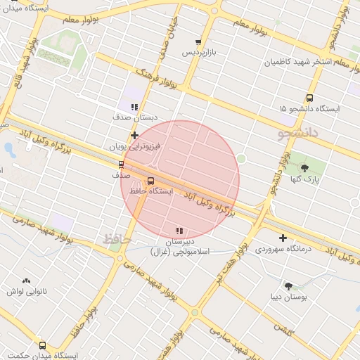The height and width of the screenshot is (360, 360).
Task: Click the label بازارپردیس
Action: click(x=198, y=53)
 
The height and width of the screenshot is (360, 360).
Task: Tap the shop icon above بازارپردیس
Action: click(x=198, y=42)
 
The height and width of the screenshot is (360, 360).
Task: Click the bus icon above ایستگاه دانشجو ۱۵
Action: click(x=309, y=98)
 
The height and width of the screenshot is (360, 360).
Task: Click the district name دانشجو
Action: click(x=298, y=131)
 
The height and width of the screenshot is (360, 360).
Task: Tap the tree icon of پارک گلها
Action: click(x=304, y=167)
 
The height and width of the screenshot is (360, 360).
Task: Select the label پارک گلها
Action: click(x=304, y=178)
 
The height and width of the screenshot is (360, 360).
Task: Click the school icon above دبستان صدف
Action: click(x=134, y=107)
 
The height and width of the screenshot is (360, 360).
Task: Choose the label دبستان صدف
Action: click(x=134, y=117)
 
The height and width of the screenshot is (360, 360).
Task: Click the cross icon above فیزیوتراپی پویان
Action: click(x=134, y=135)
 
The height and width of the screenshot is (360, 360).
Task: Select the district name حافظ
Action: click(x=117, y=239)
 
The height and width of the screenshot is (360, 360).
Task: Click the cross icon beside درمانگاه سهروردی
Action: click(x=283, y=238)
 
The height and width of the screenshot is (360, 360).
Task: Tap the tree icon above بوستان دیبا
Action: click(x=288, y=285)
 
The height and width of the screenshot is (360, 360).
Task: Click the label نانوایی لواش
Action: click(x=27, y=290)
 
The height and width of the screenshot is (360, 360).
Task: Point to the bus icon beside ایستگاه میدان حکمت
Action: click(x=43, y=345)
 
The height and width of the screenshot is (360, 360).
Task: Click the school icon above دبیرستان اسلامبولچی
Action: click(x=180, y=231)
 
